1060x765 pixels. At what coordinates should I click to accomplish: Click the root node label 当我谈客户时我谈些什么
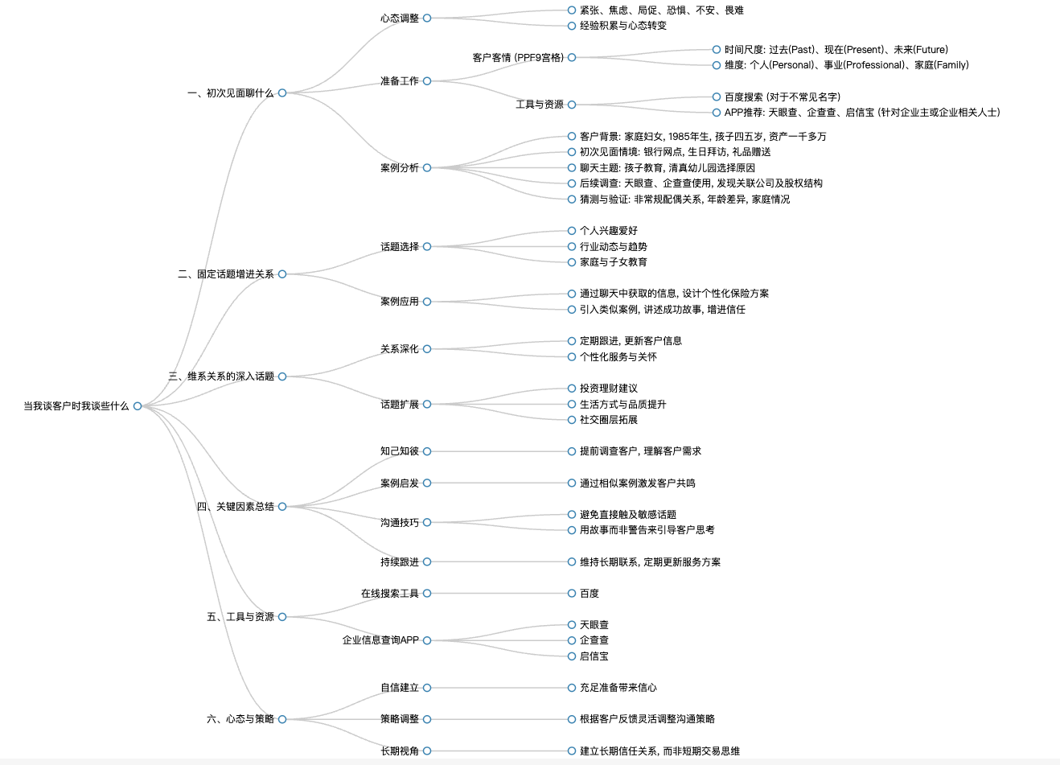click(x=76, y=406)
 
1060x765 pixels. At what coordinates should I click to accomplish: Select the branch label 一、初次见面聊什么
click(x=231, y=93)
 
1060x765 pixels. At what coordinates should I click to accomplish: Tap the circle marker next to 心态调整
click(x=427, y=18)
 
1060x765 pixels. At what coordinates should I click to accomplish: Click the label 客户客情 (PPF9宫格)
click(x=518, y=58)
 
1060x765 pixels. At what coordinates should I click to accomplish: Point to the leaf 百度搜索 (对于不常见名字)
click(x=783, y=97)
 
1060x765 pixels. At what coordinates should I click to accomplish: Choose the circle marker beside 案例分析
click(x=427, y=167)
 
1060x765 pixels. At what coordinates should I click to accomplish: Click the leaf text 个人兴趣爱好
click(x=609, y=231)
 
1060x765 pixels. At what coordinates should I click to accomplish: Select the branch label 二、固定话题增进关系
click(x=226, y=274)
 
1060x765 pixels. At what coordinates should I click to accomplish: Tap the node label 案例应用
click(x=400, y=302)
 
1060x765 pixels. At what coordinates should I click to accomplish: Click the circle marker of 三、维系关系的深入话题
click(x=282, y=376)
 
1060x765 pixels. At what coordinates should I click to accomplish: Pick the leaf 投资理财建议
click(x=609, y=389)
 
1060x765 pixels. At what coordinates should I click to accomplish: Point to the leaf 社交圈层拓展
click(x=609, y=420)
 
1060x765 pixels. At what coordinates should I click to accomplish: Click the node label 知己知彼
click(x=400, y=451)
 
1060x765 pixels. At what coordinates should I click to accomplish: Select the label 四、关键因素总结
click(x=235, y=507)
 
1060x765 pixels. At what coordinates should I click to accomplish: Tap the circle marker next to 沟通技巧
click(x=427, y=522)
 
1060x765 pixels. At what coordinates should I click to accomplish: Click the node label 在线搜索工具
click(x=390, y=593)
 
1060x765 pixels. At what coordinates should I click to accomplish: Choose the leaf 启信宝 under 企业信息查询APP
click(x=594, y=656)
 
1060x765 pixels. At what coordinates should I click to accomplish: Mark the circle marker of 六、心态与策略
click(x=282, y=719)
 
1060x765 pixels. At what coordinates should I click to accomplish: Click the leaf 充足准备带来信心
click(x=618, y=688)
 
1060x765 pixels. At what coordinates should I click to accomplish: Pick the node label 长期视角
click(x=400, y=751)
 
